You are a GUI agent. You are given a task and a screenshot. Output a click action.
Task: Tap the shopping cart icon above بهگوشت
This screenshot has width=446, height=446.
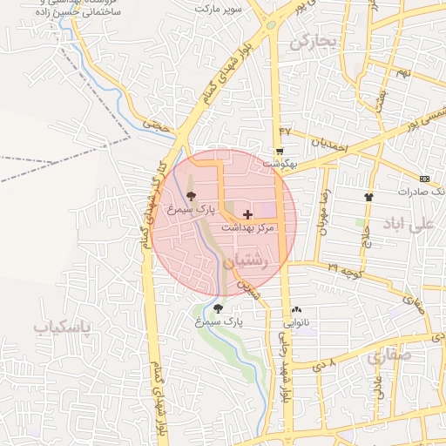click(279, 151)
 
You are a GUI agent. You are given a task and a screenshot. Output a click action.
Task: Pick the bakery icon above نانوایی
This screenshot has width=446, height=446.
click(297, 309)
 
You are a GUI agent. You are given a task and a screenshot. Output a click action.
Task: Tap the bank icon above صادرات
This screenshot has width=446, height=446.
click(424, 178)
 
